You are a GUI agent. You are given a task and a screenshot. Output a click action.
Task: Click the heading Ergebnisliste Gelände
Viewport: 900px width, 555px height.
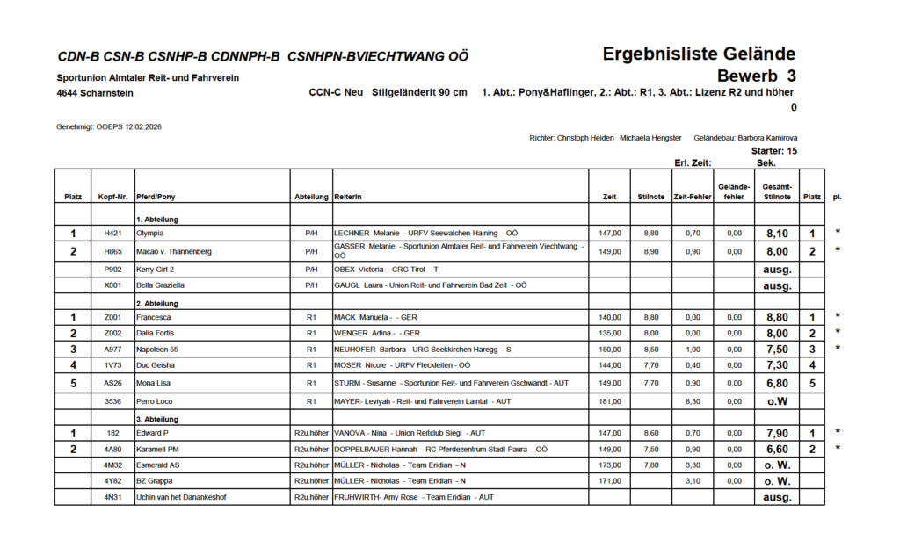699,54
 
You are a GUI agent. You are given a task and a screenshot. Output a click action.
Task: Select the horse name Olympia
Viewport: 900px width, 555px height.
150,234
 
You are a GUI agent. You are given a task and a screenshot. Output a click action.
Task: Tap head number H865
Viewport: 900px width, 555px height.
112,251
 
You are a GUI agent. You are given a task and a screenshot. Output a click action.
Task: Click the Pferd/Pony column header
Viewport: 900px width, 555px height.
156,197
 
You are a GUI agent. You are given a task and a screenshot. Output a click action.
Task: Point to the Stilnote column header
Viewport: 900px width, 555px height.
650,197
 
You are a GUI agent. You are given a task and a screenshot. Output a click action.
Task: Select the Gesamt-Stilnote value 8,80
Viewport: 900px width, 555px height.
776,316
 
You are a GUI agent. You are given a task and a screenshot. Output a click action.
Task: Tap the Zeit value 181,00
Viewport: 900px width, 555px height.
610,402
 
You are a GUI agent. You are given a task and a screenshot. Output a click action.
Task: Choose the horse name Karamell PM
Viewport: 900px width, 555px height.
158,449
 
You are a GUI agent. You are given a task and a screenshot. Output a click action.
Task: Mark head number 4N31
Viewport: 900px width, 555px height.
112,497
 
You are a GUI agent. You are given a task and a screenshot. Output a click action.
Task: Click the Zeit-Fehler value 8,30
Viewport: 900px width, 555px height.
692,402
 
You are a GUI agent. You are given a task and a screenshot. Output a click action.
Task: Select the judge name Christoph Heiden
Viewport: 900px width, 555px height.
585,138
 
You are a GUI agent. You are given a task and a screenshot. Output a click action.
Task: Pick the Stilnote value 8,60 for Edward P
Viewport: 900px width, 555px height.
650,433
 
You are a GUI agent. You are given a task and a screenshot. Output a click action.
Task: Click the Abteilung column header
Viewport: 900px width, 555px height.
311,197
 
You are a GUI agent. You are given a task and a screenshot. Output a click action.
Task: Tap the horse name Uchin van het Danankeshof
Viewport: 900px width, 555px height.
181,497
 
